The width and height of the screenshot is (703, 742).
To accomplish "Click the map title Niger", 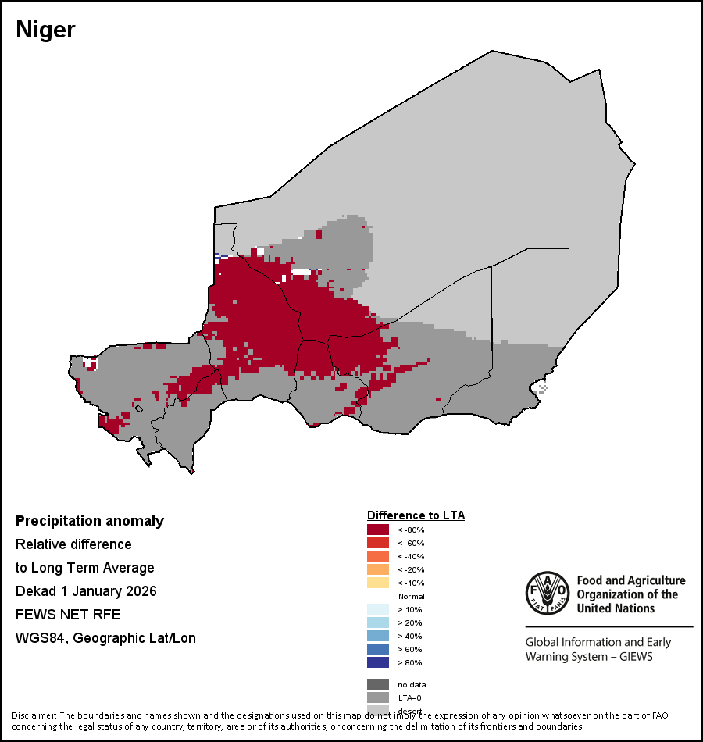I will coord(45,30).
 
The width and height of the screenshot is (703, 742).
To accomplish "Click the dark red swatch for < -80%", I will coord(378,530).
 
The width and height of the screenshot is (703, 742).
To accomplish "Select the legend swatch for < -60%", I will coord(378,543).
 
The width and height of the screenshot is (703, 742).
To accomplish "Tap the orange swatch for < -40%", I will coord(378,556).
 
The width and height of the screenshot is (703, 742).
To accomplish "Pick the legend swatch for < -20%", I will coord(378,569).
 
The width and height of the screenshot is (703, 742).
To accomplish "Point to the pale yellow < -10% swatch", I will coord(378,583).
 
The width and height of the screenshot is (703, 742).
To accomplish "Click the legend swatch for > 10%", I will coord(378,609).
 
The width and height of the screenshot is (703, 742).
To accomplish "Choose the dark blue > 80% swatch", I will coord(378,662).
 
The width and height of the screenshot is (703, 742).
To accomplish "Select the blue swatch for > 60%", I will coord(378,649).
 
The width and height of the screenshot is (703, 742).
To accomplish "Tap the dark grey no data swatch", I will coord(378,684).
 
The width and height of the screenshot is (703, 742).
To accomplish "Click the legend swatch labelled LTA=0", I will coord(378,697).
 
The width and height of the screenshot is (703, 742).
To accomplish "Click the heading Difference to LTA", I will coord(416,515).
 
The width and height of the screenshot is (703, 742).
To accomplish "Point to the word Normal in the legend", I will coord(411,596).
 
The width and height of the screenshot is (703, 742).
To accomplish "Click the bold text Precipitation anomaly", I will coord(90,521).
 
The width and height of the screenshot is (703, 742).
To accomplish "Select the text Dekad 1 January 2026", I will coord(86,591).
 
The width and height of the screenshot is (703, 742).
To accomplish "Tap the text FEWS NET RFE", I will coord(68,615).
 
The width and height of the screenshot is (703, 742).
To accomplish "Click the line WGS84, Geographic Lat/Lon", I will coord(105,638).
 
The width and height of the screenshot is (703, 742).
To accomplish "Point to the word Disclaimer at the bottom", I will coord(34,715).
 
